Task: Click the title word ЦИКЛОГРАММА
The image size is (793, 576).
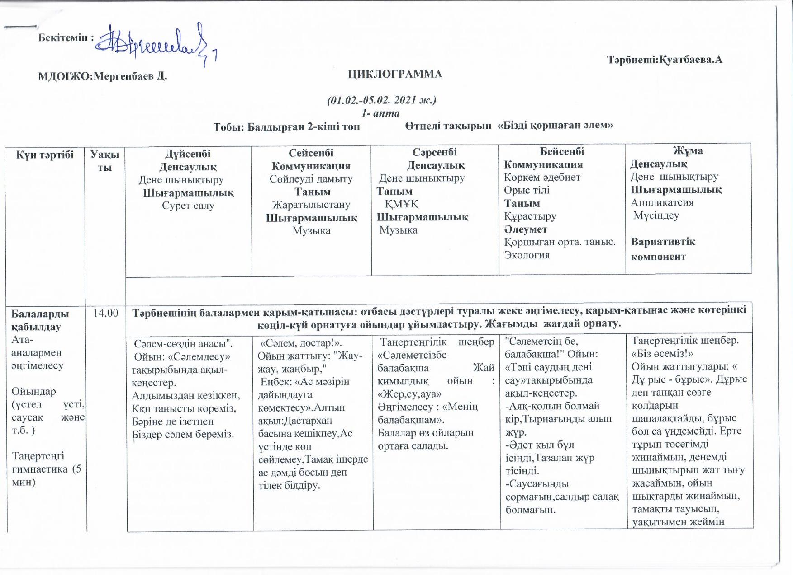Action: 395,75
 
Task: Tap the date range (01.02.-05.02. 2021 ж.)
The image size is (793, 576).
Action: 381,100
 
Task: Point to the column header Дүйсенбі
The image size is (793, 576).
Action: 188,154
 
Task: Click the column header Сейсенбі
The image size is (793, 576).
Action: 311,153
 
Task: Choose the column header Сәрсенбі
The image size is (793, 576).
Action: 434,152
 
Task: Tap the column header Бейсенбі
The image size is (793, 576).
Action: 562,151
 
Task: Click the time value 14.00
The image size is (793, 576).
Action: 105,313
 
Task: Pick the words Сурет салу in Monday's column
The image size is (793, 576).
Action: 188,206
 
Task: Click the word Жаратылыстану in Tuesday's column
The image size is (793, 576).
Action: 311,205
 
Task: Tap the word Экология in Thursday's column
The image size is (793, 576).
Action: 527,255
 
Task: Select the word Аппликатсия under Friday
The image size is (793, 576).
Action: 662,202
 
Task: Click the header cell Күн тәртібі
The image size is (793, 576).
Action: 45,155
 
